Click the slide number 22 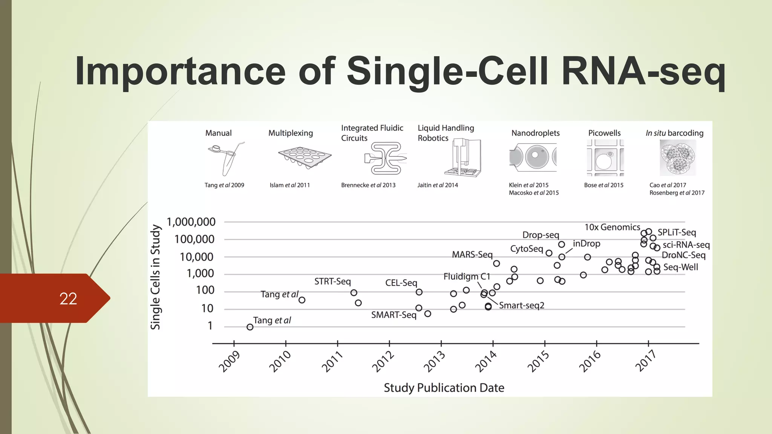(x=68, y=299)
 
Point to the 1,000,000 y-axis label (x=191, y=222)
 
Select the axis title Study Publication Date (x=444, y=388)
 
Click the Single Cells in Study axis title (x=155, y=277)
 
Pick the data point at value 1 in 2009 (x=250, y=327)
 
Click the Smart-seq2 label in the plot (x=522, y=306)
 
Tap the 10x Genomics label (x=612, y=227)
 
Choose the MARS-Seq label (x=472, y=255)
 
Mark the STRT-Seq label (x=332, y=281)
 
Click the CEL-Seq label (x=401, y=283)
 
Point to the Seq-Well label (x=680, y=267)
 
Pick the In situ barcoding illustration (x=677, y=157)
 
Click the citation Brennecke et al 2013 (x=368, y=185)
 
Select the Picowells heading (x=604, y=133)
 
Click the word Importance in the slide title (x=180, y=71)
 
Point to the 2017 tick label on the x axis (x=646, y=361)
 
